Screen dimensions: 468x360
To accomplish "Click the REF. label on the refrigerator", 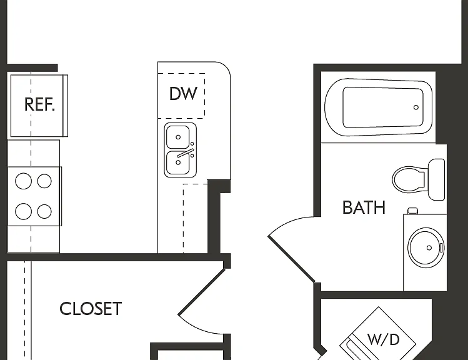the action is click(40, 104).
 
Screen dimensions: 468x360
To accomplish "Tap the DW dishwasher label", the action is click(183, 94).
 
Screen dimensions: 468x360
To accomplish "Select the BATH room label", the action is click(364, 207).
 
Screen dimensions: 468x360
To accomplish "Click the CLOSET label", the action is click(91, 309).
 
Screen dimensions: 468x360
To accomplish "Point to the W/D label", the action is click(383, 339).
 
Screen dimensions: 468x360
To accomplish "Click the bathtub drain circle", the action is click(416, 107).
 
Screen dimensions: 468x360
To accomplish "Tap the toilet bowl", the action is click(408, 180).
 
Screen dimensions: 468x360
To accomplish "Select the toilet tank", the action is click(436, 180).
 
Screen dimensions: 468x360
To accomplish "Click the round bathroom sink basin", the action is click(426, 247).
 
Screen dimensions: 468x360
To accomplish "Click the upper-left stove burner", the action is click(23, 181).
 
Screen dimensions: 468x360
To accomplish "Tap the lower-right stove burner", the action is click(44, 211).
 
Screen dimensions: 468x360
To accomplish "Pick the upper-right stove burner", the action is click(44, 181).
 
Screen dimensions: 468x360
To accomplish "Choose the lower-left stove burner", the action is click(23, 211).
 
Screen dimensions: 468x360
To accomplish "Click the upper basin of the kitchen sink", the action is click(178, 137).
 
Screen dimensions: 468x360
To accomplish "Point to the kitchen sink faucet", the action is click(186, 153).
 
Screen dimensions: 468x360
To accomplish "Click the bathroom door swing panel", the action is click(291, 259).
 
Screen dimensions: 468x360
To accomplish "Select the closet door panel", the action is click(201, 292).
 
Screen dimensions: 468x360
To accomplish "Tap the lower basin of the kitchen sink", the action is click(178, 162).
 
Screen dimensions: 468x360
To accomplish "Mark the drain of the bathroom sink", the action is click(429, 247).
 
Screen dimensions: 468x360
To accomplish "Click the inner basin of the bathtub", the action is click(383, 107).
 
